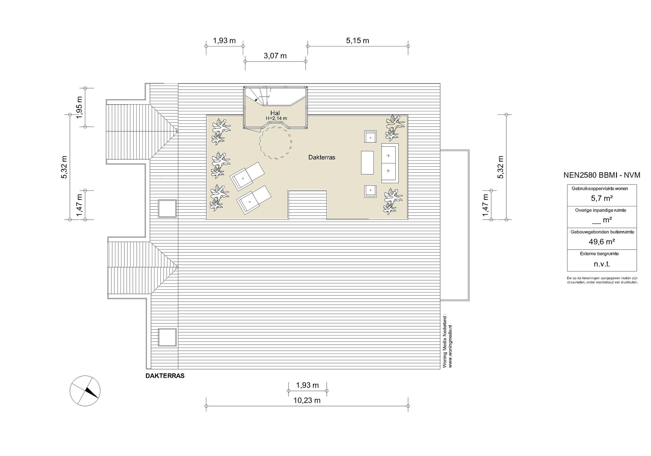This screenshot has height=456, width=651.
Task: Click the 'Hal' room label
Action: point(275,113)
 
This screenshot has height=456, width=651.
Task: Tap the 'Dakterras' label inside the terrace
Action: point(322,157)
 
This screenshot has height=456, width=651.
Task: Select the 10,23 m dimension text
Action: point(307,400)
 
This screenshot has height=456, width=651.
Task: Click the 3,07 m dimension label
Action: point(275,56)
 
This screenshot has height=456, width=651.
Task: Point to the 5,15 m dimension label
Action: point(358,41)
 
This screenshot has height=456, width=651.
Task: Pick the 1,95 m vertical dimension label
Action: point(79,107)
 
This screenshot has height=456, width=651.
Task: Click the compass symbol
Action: point(85,390)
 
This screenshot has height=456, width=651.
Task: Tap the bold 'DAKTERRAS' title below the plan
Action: point(165,376)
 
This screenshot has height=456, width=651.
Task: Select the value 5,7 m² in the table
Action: point(602,198)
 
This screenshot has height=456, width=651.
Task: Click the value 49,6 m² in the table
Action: point(602,242)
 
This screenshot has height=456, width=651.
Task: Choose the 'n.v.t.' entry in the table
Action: point(602,264)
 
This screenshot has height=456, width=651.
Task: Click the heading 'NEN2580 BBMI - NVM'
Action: point(602,175)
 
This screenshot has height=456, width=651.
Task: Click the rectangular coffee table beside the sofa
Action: point(367,162)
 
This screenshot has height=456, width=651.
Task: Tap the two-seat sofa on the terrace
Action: point(390,163)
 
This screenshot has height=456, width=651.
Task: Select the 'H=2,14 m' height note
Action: point(276,119)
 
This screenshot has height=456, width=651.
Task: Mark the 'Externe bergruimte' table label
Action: point(599,254)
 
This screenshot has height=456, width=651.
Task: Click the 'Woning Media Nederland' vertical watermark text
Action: point(445,341)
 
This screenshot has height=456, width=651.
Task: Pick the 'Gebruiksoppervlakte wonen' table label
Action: point(600,189)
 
